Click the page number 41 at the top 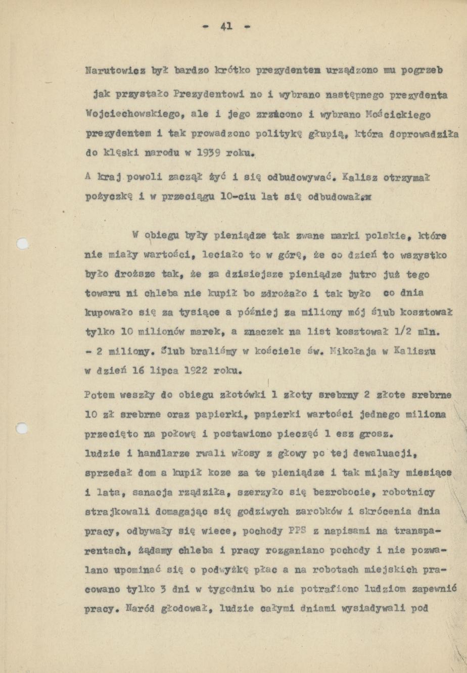coord(226,26)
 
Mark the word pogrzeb coord(422,70)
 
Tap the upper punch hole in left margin coord(21,244)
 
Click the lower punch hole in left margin coord(21,429)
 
